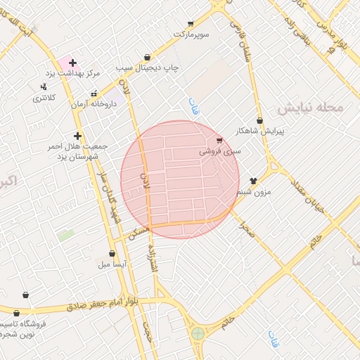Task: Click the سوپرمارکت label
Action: pyautogui.click(x=192, y=34)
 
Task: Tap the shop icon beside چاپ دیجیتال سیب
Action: pyautogui.click(x=147, y=58)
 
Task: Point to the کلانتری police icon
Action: pyautogui.click(x=44, y=87)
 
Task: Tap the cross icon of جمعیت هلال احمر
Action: pyautogui.click(x=77, y=136)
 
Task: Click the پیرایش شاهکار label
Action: pyautogui.click(x=260, y=131)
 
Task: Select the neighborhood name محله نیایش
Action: pyautogui.click(x=309, y=108)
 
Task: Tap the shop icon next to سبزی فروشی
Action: pyautogui.click(x=220, y=141)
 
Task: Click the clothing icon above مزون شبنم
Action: pyautogui.click(x=253, y=181)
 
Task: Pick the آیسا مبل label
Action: pyautogui.click(x=112, y=264)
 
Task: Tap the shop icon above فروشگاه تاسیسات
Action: pyautogui.click(x=26, y=295)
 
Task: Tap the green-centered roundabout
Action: pyautogui.click(x=198, y=333)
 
